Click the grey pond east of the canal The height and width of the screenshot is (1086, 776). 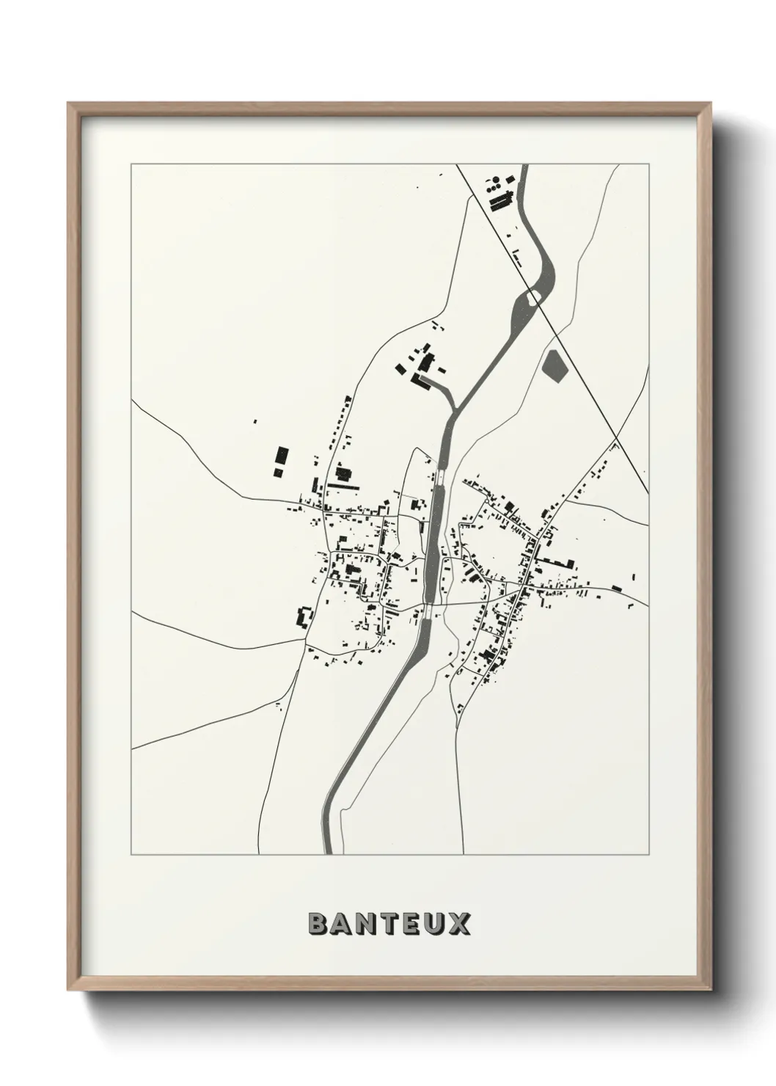(554, 365)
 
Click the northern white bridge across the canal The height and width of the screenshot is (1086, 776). (441, 478)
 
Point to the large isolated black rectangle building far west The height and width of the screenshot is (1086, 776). (279, 462)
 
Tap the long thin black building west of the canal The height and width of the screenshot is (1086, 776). (345, 485)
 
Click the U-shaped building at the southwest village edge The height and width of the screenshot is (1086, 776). (302, 616)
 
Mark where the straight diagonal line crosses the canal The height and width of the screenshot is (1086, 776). (538, 294)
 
